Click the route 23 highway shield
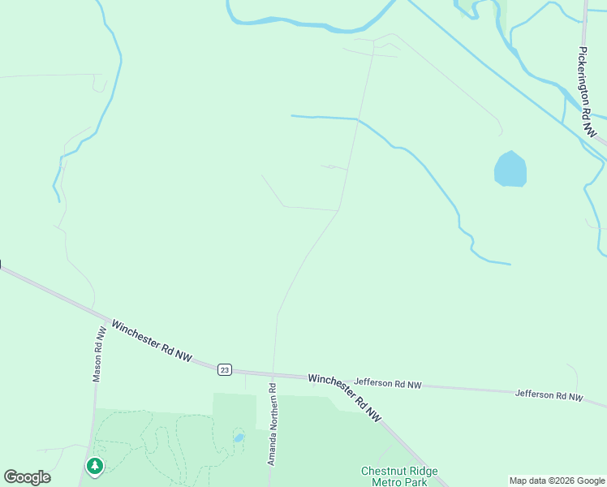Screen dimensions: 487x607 [225, 369]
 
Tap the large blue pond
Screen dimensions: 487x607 [510, 170]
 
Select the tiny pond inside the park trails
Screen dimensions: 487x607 [239, 437]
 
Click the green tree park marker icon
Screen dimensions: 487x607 [96, 466]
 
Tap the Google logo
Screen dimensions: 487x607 [27, 477]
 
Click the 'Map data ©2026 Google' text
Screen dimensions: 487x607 [557, 481]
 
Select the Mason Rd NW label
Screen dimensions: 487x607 [99, 355]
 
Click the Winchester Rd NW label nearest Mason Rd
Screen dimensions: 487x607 [152, 341]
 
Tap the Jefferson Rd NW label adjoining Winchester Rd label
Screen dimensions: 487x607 [388, 383]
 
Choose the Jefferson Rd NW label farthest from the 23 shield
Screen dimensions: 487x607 [549, 395]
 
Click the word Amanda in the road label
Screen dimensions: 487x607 [273, 450]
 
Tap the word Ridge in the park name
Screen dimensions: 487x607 [424, 471]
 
